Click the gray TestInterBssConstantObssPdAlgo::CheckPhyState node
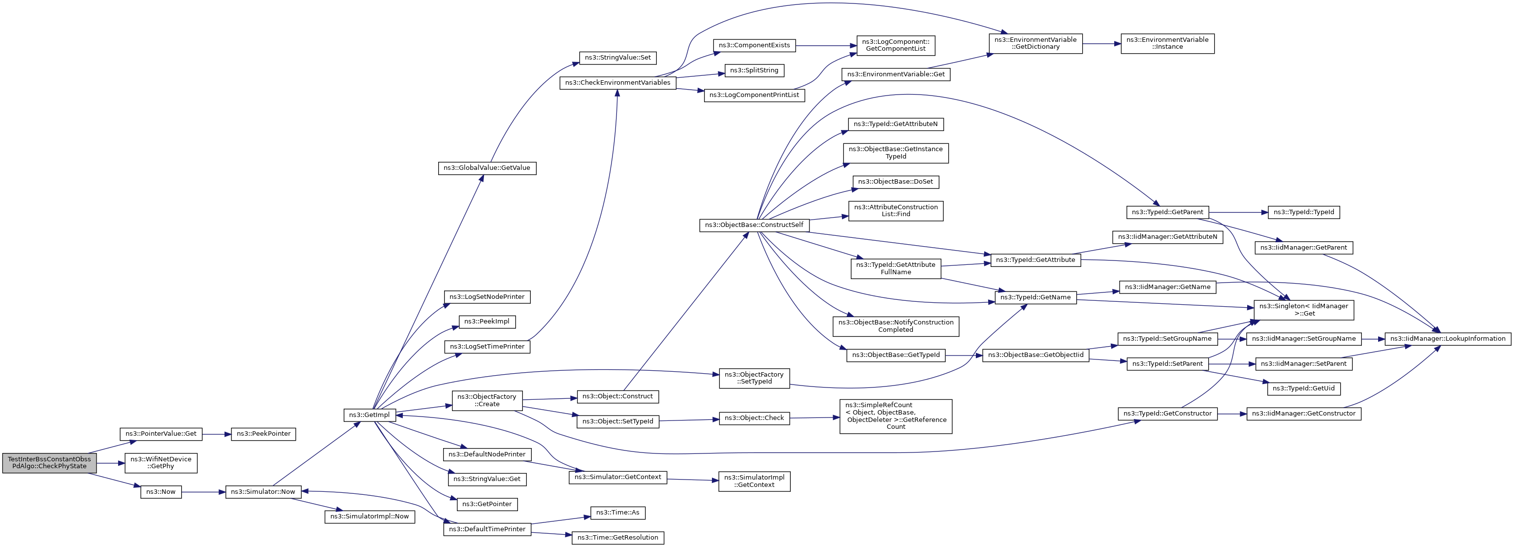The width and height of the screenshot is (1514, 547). pos(49,463)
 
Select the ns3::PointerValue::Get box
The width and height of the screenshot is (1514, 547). pos(161,434)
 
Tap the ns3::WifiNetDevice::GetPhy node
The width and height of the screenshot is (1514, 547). pos(161,463)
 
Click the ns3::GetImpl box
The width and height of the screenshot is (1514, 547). pos(369,415)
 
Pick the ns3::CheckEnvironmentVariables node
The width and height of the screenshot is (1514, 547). pos(618,83)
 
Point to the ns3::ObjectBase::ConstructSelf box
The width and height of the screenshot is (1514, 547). pos(754,225)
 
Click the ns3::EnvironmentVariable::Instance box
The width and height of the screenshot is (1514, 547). pos(1167,43)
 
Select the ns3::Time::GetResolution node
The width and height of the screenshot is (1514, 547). pos(618,538)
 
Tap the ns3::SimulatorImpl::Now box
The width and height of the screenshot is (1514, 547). pos(370,516)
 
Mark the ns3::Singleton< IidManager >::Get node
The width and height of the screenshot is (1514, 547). pos(1304,310)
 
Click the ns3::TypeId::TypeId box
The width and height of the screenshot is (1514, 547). pos(1304,212)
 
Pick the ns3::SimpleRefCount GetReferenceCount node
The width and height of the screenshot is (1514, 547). pos(896,416)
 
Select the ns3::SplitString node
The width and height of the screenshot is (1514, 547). pos(754,70)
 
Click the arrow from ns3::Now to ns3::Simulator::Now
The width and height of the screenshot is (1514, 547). pos(204,492)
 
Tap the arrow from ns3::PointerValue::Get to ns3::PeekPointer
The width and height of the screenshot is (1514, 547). pos(217,434)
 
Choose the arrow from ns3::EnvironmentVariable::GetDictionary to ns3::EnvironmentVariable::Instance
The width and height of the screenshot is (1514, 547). pos(1101,43)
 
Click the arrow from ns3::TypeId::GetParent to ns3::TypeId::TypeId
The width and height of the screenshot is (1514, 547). pos(1238,212)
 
